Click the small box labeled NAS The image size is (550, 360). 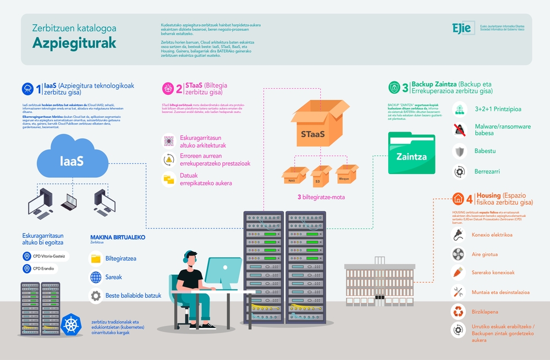point(291,176)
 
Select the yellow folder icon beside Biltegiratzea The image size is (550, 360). point(96,258)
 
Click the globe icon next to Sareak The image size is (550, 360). point(96,277)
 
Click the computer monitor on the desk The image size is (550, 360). point(223,271)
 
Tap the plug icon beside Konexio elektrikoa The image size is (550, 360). point(458,235)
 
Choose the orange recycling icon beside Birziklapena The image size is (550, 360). point(458,311)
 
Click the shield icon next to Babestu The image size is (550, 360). point(459,151)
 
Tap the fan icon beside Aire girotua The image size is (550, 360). point(458,254)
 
